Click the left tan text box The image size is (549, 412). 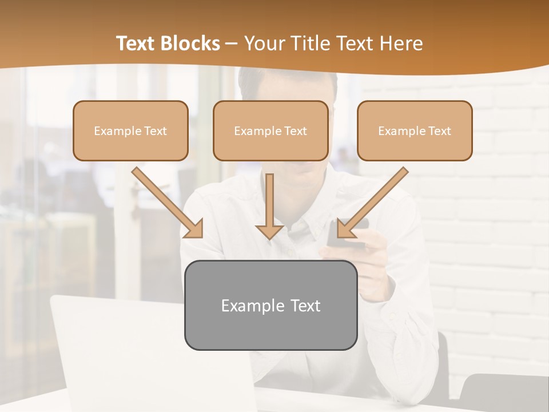130,130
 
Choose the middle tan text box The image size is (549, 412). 270,130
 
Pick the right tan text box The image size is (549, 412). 415,130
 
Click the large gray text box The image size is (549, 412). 270,305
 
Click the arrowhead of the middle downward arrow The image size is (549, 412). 269,232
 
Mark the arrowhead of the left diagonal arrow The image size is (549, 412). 194,229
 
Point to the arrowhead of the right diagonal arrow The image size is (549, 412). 345,229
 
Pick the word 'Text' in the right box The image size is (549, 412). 439,131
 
